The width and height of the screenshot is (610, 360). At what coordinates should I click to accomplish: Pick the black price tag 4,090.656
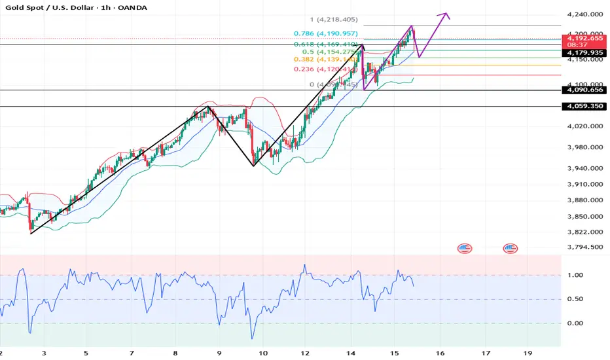[x=584, y=90]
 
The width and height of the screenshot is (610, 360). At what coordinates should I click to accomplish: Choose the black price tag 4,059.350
[x=584, y=106]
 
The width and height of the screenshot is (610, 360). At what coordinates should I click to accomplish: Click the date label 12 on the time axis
[x=305, y=352]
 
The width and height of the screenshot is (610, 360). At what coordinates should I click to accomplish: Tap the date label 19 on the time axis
[x=528, y=352]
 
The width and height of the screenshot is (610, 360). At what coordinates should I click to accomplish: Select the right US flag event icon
[x=510, y=248]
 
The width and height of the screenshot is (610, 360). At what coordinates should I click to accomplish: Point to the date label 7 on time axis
[x=132, y=352]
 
